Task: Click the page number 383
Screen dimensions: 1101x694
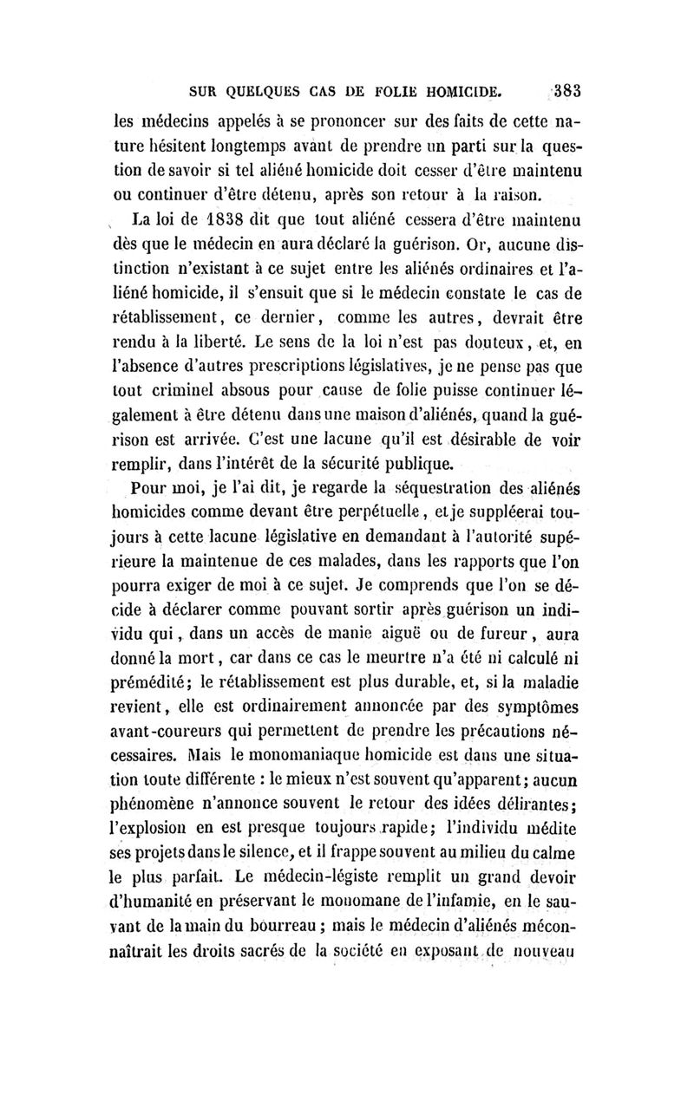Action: coord(568,89)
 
